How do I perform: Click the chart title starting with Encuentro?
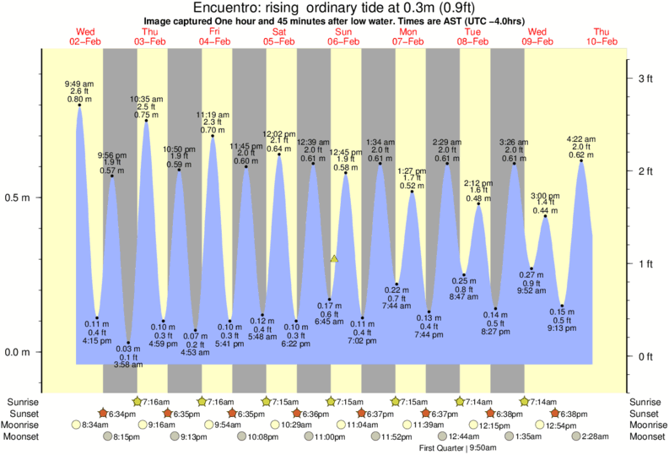334,8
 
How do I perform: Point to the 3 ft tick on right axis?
645,79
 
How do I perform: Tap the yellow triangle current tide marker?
335,259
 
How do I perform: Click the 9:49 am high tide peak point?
79,106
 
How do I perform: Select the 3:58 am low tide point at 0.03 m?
128,343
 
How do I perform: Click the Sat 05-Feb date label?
279,36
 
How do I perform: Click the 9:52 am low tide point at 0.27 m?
531,268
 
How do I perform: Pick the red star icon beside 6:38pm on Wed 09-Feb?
554,414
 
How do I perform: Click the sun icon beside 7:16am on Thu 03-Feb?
138,402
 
